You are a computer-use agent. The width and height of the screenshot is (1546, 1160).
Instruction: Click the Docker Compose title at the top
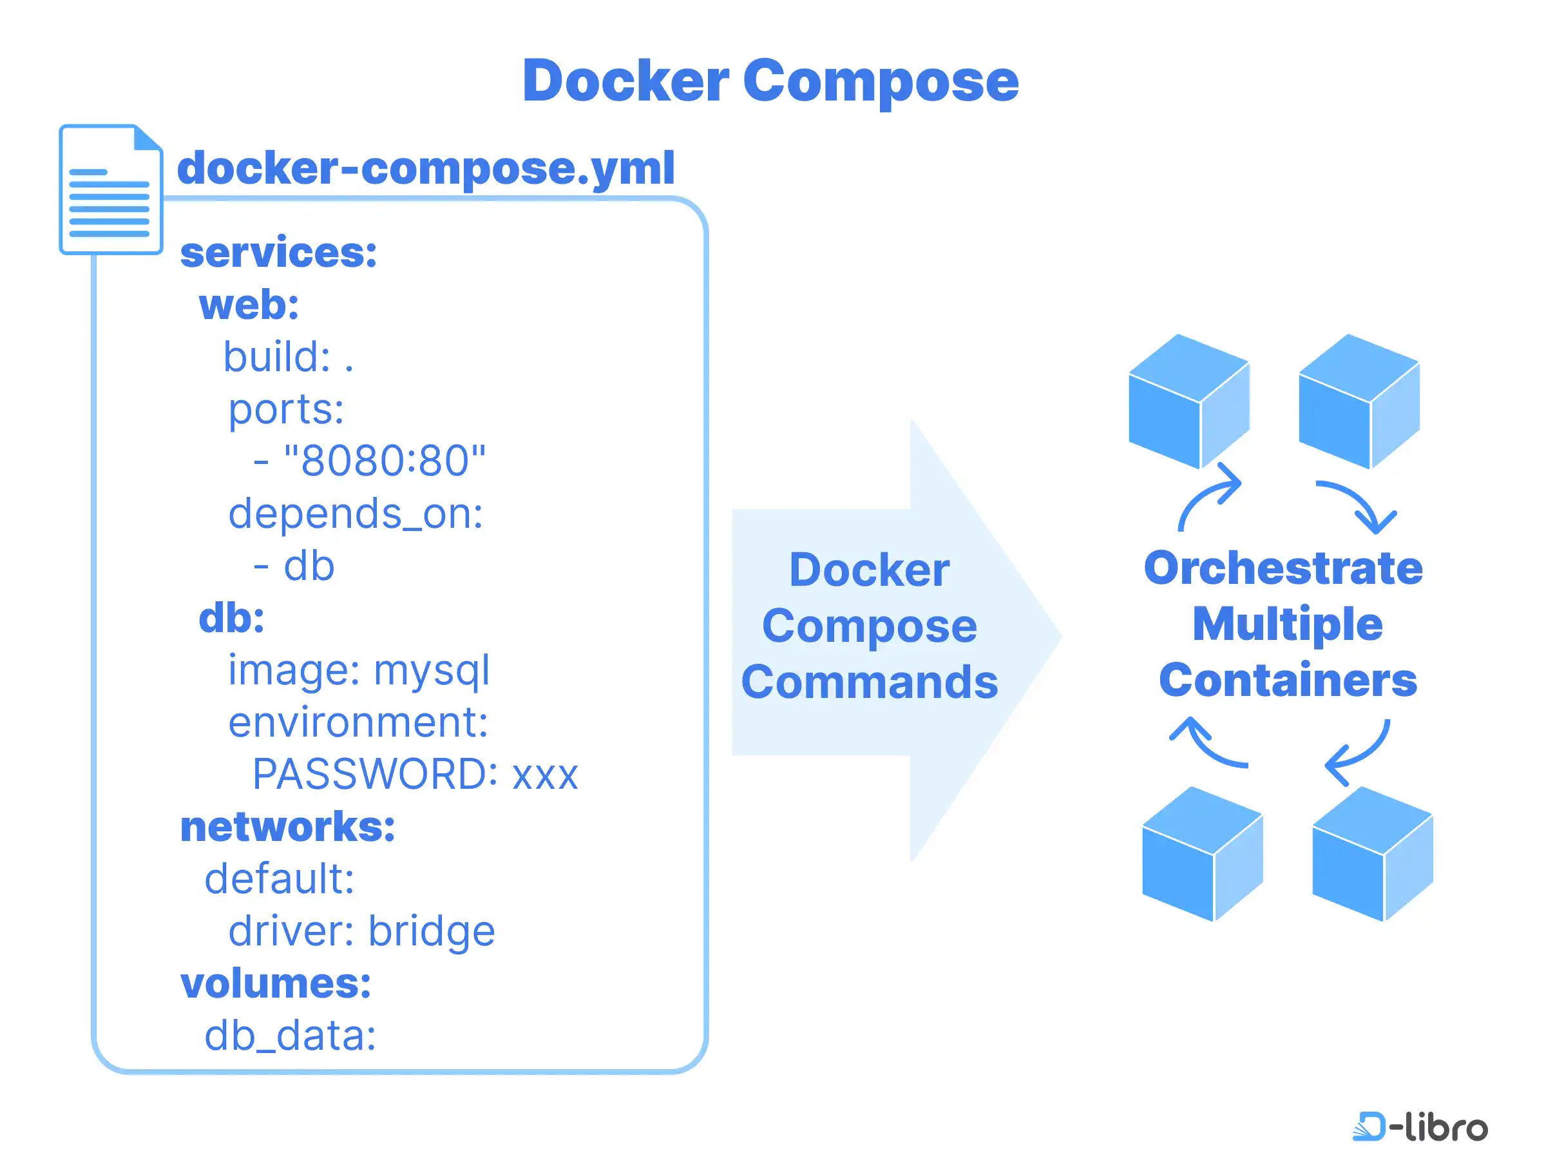(770, 81)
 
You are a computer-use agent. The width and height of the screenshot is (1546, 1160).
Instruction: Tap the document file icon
(110, 189)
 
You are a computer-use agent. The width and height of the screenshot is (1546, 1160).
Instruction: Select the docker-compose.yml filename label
(426, 168)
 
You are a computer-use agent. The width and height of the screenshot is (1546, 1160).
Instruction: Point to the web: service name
(249, 305)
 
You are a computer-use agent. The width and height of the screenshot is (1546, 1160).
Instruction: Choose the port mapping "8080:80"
(384, 461)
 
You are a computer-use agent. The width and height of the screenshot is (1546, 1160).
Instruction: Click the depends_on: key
(355, 513)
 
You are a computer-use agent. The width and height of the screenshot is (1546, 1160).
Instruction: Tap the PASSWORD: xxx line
(415, 774)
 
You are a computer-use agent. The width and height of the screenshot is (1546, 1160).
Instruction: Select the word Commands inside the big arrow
(869, 682)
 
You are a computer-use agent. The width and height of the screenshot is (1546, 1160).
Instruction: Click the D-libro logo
(1420, 1126)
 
